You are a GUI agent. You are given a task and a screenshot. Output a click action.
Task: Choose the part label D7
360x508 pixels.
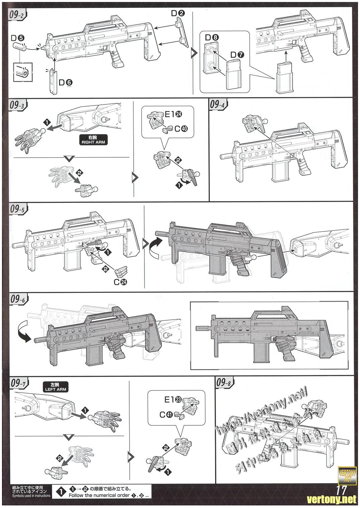tap(237, 54)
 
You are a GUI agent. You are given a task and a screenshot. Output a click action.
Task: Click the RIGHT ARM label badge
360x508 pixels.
tap(92, 140)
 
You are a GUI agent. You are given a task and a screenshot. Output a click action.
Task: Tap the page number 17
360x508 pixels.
tap(342, 491)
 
